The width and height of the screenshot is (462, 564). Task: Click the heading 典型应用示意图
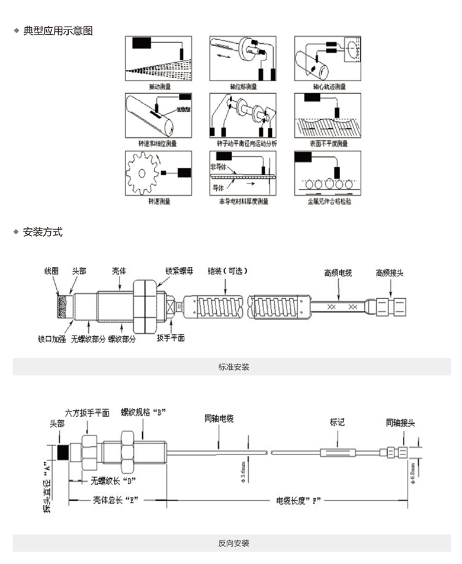[57, 31]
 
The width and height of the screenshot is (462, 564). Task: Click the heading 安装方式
[42, 232]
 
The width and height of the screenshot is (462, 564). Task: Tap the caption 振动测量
[159, 87]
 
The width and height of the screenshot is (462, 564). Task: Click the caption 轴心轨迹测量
[329, 87]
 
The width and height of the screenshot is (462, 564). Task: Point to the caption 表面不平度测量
[329, 144]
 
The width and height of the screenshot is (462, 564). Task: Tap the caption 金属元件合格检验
[329, 202]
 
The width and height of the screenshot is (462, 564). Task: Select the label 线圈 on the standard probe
[52, 270]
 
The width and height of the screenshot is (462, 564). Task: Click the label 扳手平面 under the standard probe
[171, 338]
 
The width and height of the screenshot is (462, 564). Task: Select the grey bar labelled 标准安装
[232, 367]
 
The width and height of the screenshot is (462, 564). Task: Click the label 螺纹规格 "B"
[142, 411]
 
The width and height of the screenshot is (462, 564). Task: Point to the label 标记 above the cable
[337, 423]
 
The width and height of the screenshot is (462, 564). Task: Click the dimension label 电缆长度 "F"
[299, 500]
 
